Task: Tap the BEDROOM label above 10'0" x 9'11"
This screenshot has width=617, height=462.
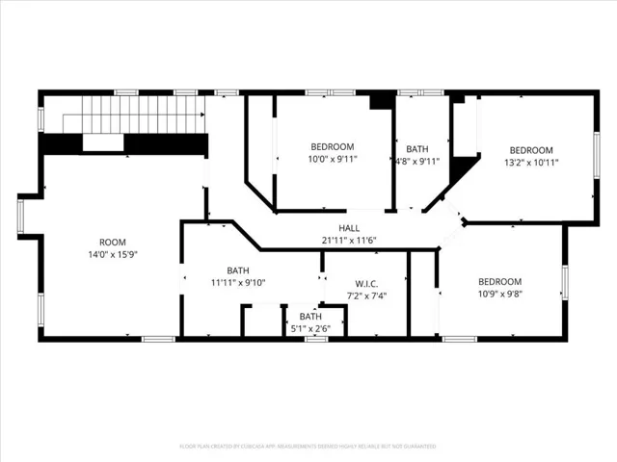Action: coord(333,146)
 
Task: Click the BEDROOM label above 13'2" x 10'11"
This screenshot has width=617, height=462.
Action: coord(531,150)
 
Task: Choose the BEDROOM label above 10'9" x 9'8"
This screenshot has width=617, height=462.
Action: coord(500,282)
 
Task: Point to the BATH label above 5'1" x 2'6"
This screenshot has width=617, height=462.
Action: coord(310,317)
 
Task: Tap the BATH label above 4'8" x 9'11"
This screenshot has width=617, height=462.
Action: coord(417,149)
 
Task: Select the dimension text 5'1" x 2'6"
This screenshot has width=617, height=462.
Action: coord(310,329)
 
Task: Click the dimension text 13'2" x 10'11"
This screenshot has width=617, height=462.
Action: coord(531,163)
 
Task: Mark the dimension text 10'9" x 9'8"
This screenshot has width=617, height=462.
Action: coord(500,295)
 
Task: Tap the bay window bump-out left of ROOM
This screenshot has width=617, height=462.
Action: coord(24,216)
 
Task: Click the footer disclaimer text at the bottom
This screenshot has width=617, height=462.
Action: coord(308,447)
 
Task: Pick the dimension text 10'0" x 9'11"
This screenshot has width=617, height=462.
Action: coord(333,160)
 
